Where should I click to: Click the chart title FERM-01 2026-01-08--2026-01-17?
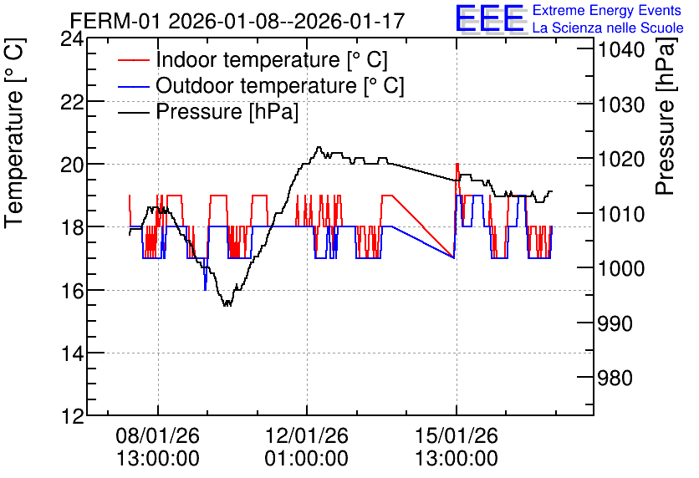(x=237, y=21)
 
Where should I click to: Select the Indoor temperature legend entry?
(x=253, y=59)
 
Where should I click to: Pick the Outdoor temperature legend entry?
(x=261, y=85)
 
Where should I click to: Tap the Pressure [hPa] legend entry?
(x=208, y=111)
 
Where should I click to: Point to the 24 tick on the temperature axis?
(x=72, y=39)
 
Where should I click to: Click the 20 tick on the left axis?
(x=72, y=165)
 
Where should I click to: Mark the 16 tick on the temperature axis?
(x=72, y=291)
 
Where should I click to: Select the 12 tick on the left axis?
(x=72, y=416)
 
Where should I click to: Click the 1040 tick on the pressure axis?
(x=621, y=49)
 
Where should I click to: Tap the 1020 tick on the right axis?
(x=621, y=159)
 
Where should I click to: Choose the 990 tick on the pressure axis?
(x=615, y=324)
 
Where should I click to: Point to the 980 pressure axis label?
(x=615, y=379)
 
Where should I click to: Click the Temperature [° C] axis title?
(x=14, y=134)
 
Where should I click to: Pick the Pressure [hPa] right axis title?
(x=666, y=116)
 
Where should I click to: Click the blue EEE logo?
(x=490, y=18)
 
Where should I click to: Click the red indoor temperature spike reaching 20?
(x=457, y=165)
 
